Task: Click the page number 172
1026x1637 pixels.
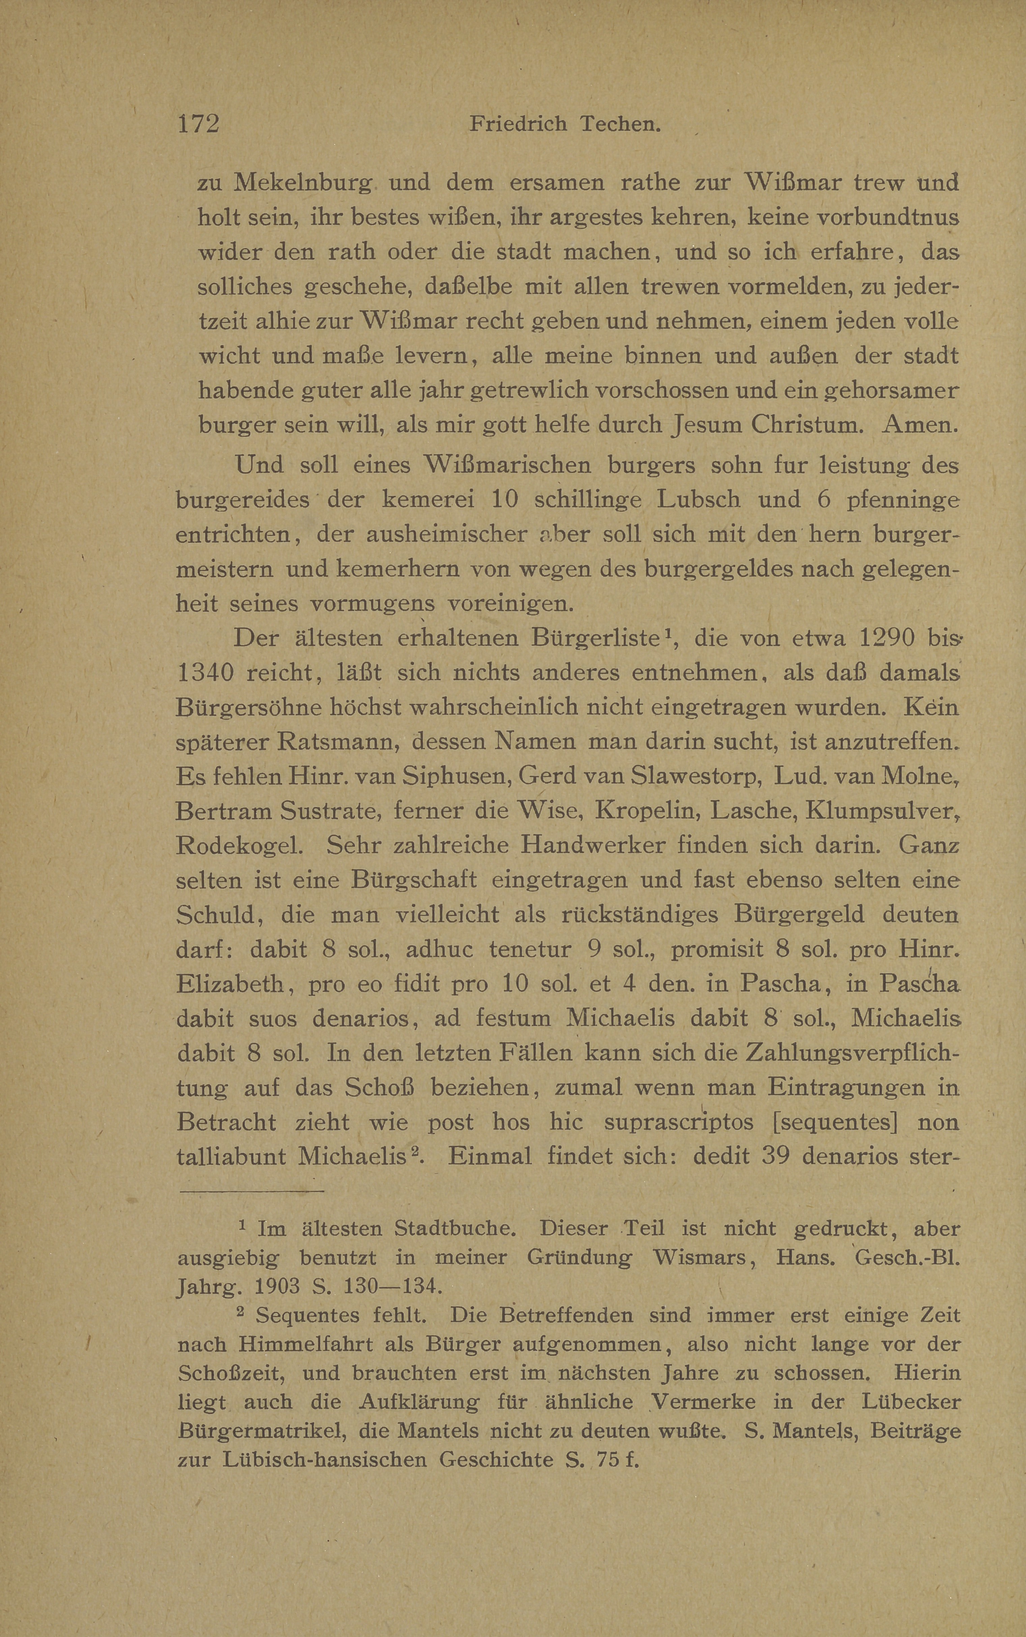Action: click(x=198, y=123)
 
